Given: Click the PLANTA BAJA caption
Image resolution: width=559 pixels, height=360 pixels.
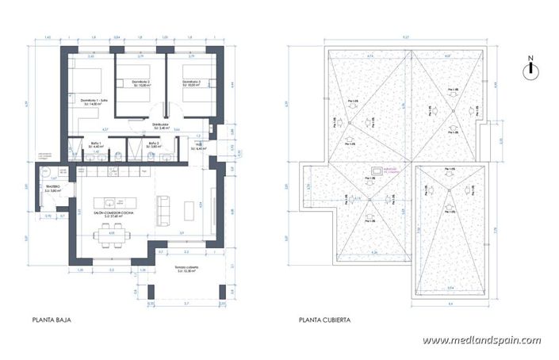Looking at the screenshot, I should point(49,321).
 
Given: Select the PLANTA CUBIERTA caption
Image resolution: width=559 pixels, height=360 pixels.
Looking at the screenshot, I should point(325,321).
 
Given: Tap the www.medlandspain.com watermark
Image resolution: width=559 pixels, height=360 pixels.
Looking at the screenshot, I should point(481,340).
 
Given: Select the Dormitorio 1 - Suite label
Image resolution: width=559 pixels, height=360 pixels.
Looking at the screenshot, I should point(94,101).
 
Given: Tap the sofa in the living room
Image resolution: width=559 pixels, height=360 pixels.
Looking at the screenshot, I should point(166,209).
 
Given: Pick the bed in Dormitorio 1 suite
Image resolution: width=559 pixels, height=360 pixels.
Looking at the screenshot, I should point(89,82).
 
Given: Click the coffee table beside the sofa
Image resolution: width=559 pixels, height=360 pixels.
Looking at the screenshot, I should point(189,209).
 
